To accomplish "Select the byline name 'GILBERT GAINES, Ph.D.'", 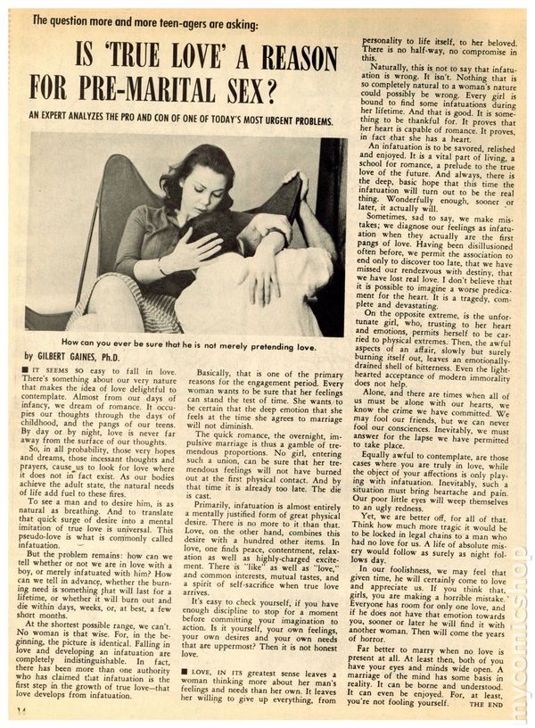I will pyautogui.click(x=84, y=356).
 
